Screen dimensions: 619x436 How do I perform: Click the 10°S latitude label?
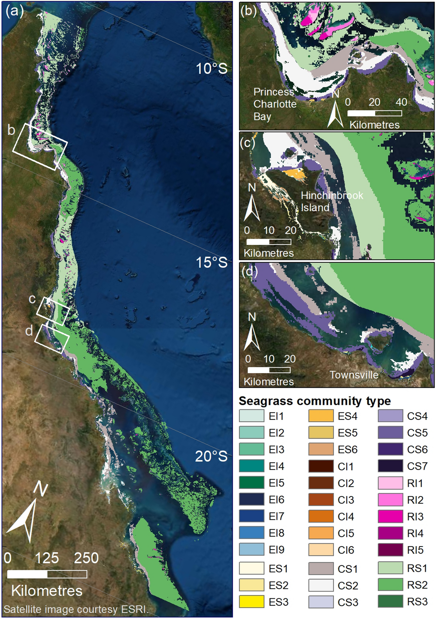pos(211,69)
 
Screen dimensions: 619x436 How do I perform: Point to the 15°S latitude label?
pos(211,262)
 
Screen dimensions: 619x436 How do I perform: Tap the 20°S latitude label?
pos(211,456)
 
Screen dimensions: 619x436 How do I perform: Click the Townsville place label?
pos(354,375)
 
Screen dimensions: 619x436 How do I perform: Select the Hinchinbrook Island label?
pos(332,201)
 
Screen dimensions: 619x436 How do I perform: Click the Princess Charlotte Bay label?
pos(275,104)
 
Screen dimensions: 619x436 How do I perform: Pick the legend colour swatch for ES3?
pos(252,601)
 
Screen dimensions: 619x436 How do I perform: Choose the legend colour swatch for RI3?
pos(390,516)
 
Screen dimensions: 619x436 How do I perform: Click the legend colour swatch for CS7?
pos(390,466)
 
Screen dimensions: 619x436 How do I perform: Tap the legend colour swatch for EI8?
pos(252,533)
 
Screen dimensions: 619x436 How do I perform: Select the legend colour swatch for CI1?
pos(321,466)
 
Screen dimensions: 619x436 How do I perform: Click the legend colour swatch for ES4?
pos(321,416)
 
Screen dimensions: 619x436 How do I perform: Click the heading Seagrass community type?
pos(315,401)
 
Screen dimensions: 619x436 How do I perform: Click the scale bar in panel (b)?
pos(375,113)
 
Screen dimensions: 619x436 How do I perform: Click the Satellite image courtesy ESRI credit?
pos(76,609)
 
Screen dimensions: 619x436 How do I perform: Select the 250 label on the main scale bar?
pos(86,558)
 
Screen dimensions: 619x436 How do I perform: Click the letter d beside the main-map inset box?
pos(29,331)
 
